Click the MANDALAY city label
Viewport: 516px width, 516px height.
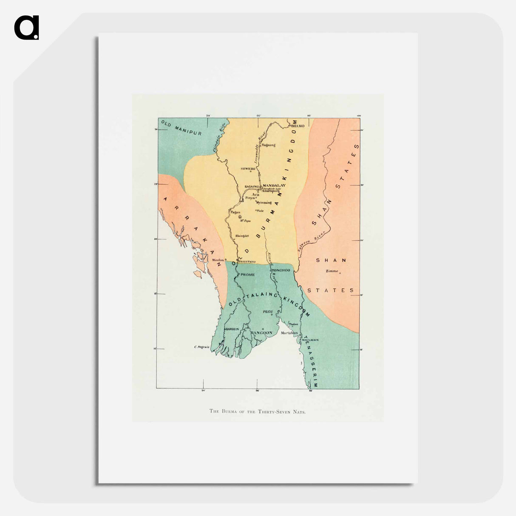point(274,186)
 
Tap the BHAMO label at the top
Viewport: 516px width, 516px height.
point(298,126)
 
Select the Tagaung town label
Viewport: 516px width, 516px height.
point(269,145)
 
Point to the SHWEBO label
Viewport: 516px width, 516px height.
point(248,169)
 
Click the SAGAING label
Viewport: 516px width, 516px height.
point(252,187)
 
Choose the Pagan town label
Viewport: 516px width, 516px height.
point(235,212)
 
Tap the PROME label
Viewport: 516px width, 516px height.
point(248,275)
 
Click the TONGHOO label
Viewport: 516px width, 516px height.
point(281,270)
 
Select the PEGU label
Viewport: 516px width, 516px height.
point(268,312)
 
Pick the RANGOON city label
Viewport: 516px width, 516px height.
point(261,333)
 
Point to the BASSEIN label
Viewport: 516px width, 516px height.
point(231,329)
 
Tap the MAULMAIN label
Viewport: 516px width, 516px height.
point(310,340)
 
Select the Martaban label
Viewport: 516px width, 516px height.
point(289,333)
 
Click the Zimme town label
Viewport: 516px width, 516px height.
point(332,271)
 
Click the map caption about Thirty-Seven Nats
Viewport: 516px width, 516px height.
point(258,411)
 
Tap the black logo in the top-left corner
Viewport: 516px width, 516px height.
point(26,28)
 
